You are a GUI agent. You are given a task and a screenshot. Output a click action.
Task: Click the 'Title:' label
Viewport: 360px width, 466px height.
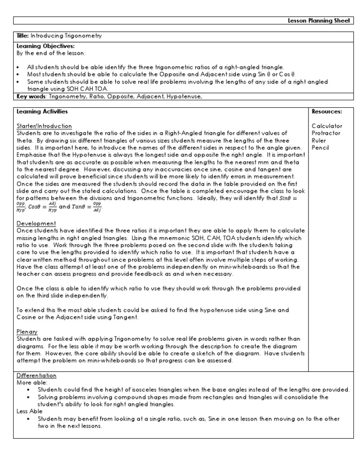(23, 36)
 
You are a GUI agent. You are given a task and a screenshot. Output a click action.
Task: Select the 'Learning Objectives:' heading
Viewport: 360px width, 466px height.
(38, 46)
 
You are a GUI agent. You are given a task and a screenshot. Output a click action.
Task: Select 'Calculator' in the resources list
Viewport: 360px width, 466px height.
(327, 126)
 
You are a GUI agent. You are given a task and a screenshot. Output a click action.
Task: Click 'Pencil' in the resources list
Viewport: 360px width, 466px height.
(321, 148)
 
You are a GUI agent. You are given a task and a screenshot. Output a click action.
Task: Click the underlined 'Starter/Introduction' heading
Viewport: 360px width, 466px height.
(44, 126)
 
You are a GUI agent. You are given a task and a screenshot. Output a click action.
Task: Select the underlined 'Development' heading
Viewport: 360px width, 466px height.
(36, 224)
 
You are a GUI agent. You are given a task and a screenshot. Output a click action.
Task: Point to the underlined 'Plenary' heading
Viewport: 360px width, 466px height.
(27, 331)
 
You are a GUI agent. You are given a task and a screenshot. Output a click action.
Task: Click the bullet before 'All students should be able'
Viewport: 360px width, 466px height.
(17, 67)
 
